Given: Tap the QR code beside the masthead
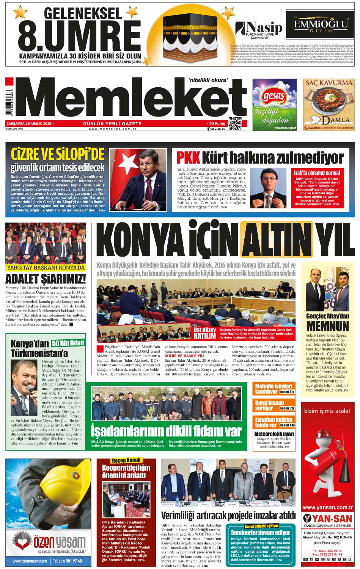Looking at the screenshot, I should click(x=235, y=125).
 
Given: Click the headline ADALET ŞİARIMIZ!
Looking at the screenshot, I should click(x=46, y=279).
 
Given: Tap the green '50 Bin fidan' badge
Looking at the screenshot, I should click(x=68, y=343).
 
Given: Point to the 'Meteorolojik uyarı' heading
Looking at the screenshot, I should click(x=274, y=433).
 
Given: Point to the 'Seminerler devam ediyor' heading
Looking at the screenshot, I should click(x=260, y=533).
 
